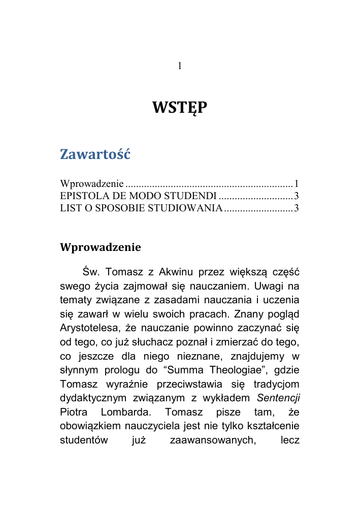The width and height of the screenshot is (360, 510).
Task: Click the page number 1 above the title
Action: point(180,66)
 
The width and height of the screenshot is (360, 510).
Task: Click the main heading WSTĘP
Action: point(180,108)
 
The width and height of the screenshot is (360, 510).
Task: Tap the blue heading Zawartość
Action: point(95,154)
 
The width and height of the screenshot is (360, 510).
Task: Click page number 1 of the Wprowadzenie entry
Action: point(296,183)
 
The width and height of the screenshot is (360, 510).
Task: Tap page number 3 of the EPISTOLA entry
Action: point(296,196)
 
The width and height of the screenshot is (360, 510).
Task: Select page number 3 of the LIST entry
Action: point(296,208)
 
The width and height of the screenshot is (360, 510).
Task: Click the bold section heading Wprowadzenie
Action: point(101,247)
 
